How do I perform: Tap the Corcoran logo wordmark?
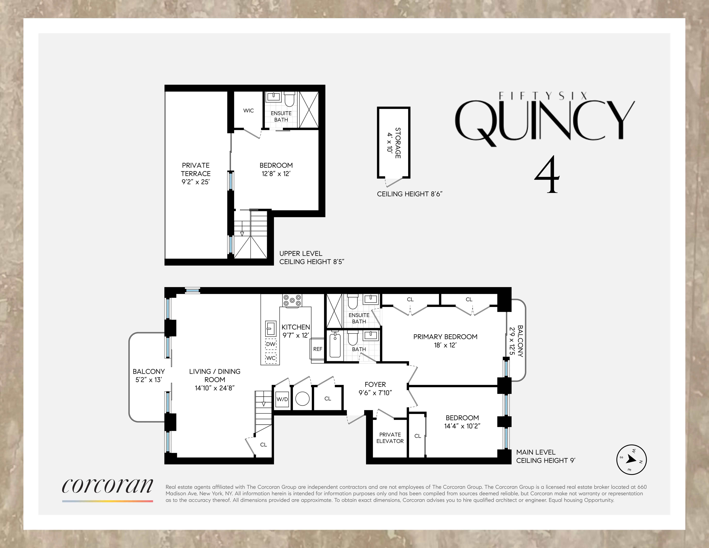107,486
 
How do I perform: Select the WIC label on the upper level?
248,111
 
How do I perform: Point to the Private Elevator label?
390,438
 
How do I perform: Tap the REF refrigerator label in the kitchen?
318,349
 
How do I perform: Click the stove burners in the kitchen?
292,300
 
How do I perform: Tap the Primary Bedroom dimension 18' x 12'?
445,345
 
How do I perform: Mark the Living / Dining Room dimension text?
215,388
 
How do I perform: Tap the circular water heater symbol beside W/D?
302,399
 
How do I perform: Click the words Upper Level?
301,253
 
